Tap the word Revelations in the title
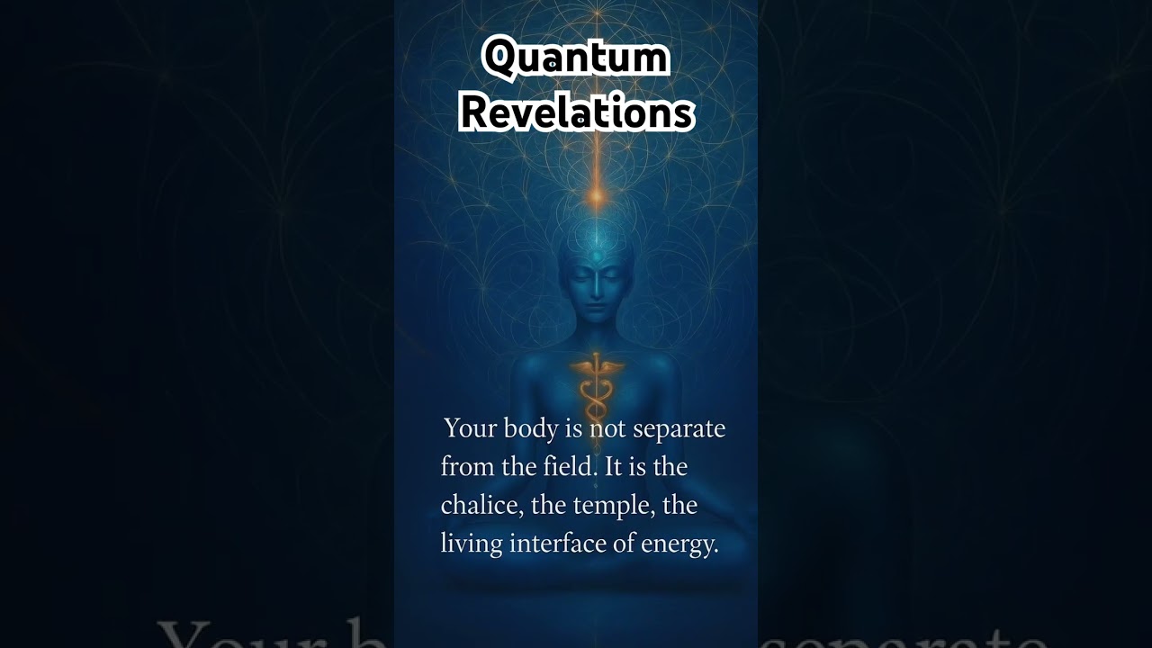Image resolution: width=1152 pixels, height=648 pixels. click(576, 113)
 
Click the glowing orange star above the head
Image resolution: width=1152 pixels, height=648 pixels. click(595, 193)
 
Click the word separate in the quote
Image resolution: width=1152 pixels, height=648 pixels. click(679, 428)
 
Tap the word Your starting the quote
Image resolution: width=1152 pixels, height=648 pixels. click(470, 428)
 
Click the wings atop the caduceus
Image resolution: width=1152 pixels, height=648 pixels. click(594, 365)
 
